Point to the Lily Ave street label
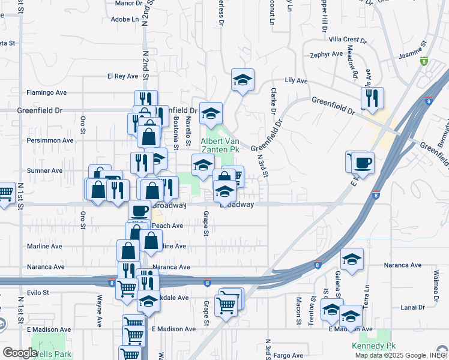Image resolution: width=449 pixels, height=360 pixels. coord(296,80)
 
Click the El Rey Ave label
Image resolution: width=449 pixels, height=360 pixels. coord(122,76)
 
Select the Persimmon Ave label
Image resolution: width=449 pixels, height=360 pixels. coord(46,140)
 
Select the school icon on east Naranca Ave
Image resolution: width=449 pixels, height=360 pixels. coord(352,259)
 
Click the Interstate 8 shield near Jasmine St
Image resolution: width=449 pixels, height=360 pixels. coord(424,61)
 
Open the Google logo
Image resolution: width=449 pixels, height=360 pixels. coord(20,353)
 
